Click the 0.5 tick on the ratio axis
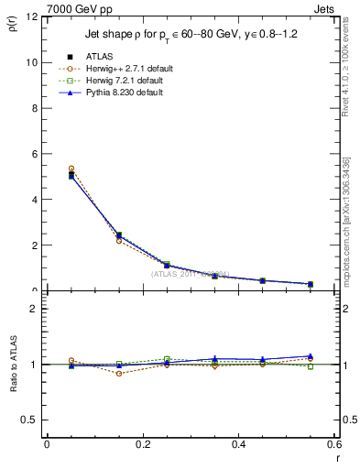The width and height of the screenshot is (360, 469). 29,420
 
